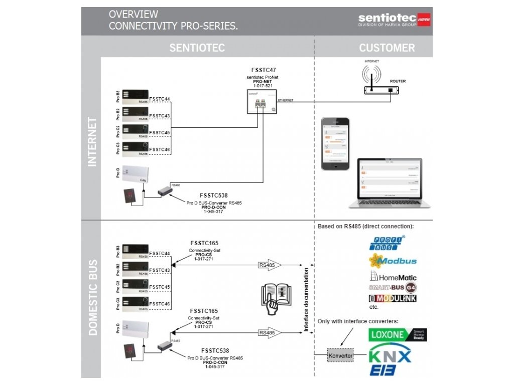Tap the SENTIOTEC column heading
coord(197,48)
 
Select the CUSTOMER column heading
coord(387,48)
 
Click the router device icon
coord(381,90)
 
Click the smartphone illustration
coord(335,144)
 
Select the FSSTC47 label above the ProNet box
coord(263,70)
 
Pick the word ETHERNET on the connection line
coord(285,100)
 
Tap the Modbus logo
coord(393,261)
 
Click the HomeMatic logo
coord(394,276)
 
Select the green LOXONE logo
coord(398,335)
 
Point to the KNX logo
coord(390,356)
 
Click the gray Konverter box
coord(340,356)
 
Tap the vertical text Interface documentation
coord(306,299)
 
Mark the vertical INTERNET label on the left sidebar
coord(92,141)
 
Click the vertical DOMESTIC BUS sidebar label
coord(92,297)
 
